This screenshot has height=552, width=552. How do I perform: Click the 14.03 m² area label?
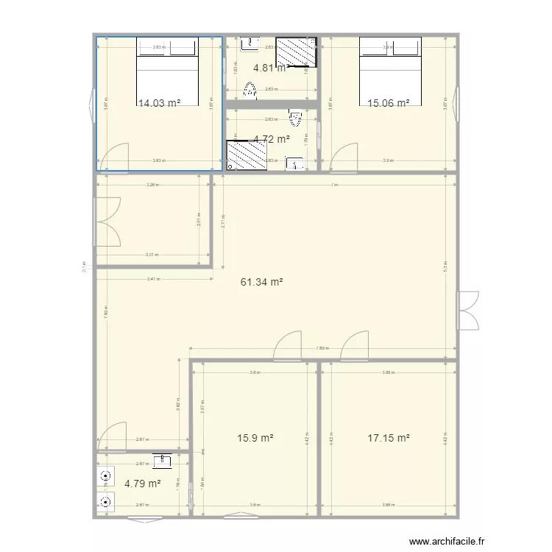[159, 104]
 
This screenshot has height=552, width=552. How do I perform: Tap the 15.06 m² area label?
[388, 104]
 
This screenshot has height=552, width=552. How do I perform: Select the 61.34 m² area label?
[262, 281]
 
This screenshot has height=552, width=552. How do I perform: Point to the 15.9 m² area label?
[255, 438]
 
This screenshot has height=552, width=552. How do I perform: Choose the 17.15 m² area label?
[388, 438]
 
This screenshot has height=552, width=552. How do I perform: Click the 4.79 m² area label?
[142, 484]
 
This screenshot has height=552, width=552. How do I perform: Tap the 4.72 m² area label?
[271, 138]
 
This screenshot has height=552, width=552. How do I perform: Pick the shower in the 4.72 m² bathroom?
[240, 155]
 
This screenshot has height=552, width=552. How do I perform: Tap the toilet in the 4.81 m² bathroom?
[251, 91]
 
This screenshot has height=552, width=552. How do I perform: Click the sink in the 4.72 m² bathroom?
[295, 163]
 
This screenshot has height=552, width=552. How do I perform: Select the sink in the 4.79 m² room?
[162, 461]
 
